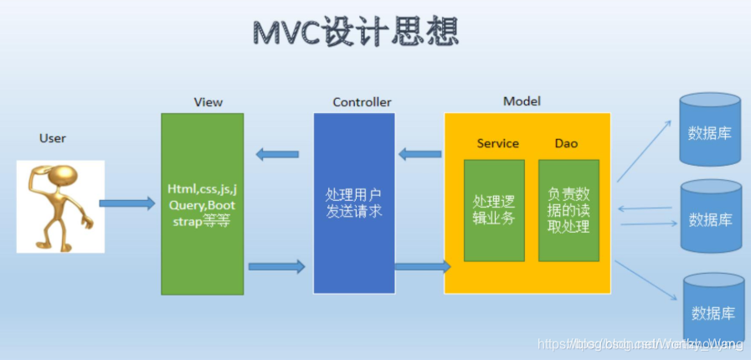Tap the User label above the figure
pos(52,137)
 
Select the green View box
pos(202,203)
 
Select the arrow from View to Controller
pos(276,266)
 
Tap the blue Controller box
pos(353,203)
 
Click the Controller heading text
pos(362,102)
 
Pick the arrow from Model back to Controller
pos(419,153)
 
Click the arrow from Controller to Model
pos(422,266)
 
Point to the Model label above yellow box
pos(522,101)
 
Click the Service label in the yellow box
pos(497,143)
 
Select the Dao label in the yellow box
pos(566,143)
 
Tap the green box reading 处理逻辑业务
pos(494,209)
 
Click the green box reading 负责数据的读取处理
pos(569,209)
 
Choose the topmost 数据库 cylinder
pos(710,130)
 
